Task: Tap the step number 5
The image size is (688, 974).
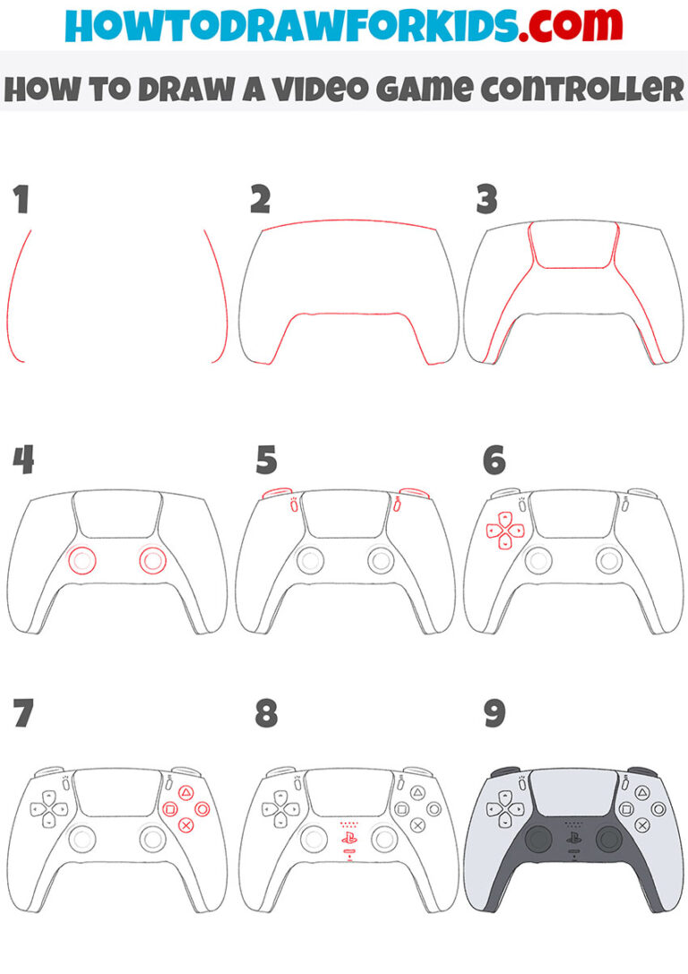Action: [x=266, y=461]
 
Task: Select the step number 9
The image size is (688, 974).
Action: [x=494, y=713]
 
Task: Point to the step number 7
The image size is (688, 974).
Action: [x=22, y=713]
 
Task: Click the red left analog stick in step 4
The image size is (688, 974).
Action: [x=82, y=559]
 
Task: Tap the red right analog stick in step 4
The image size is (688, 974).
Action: [x=153, y=559]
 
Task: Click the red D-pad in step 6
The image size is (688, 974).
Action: [x=504, y=530]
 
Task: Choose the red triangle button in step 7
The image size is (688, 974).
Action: [x=186, y=793]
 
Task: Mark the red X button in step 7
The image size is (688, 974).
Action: [x=186, y=824]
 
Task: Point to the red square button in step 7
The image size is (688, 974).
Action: [x=169, y=809]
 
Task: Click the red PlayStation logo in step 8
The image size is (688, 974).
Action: [x=348, y=839]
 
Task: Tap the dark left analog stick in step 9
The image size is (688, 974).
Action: [x=539, y=838]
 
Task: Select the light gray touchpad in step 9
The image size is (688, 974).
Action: [x=574, y=792]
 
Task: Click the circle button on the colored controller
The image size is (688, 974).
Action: [x=660, y=808]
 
